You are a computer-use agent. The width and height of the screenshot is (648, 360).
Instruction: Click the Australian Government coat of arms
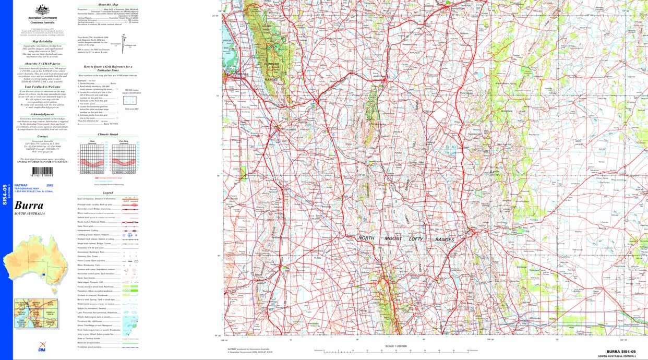[42, 10]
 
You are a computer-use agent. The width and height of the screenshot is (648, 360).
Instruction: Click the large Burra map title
[29, 205]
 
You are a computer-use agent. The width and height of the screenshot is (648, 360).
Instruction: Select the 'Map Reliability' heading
[42, 41]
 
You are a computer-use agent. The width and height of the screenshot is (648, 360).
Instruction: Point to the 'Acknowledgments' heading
[42, 114]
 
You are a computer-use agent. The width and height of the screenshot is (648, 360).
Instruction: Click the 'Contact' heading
[42, 137]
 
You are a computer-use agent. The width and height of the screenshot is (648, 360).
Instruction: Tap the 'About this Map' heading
[107, 4]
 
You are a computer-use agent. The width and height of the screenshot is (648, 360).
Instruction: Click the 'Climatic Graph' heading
[107, 134]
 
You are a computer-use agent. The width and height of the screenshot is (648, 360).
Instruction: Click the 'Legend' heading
[107, 193]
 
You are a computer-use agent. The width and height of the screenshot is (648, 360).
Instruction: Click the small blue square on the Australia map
[44, 275]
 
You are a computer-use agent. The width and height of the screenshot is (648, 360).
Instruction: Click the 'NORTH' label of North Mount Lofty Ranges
[367, 239]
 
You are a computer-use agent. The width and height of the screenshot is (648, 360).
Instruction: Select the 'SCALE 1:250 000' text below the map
[395, 346]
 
